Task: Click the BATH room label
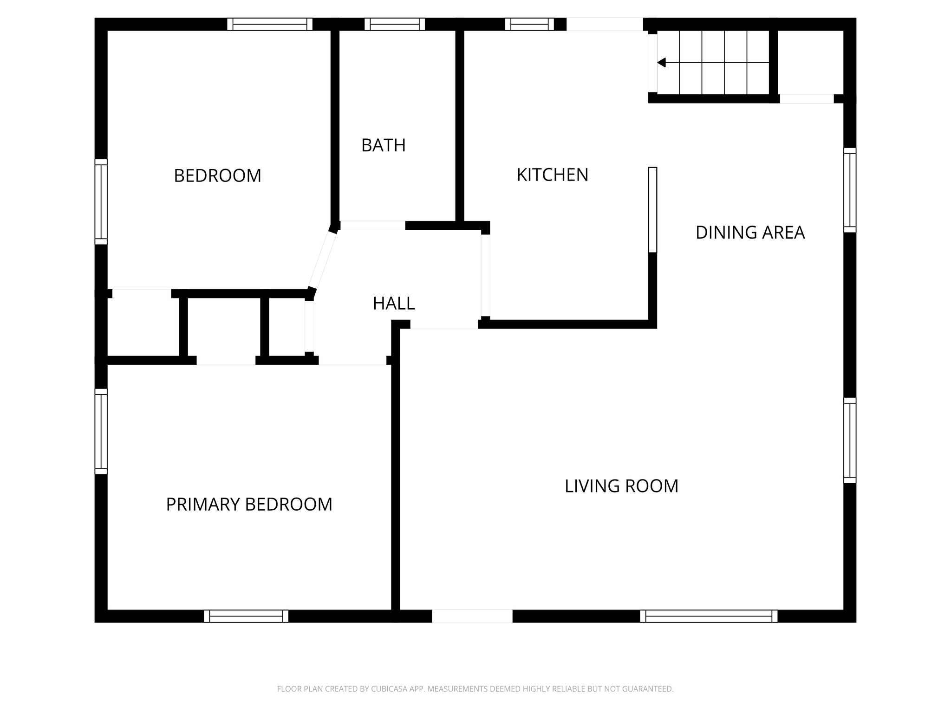(x=383, y=145)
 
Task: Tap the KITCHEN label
(x=552, y=175)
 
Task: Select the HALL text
(x=393, y=304)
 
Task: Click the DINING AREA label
(x=749, y=233)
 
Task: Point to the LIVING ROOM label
(x=621, y=486)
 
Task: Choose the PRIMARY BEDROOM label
(x=249, y=505)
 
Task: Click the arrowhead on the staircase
(x=662, y=63)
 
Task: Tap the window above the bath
(x=394, y=24)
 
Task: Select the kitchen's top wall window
(x=529, y=24)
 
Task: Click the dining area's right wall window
(x=849, y=190)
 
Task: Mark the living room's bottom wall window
(x=708, y=616)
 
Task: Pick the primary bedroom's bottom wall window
(x=246, y=616)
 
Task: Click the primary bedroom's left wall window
(x=101, y=431)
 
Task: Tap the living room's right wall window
(x=849, y=440)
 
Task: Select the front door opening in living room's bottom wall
(x=472, y=616)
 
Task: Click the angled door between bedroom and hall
(x=323, y=260)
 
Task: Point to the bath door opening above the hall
(x=373, y=226)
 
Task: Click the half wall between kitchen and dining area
(x=652, y=210)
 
